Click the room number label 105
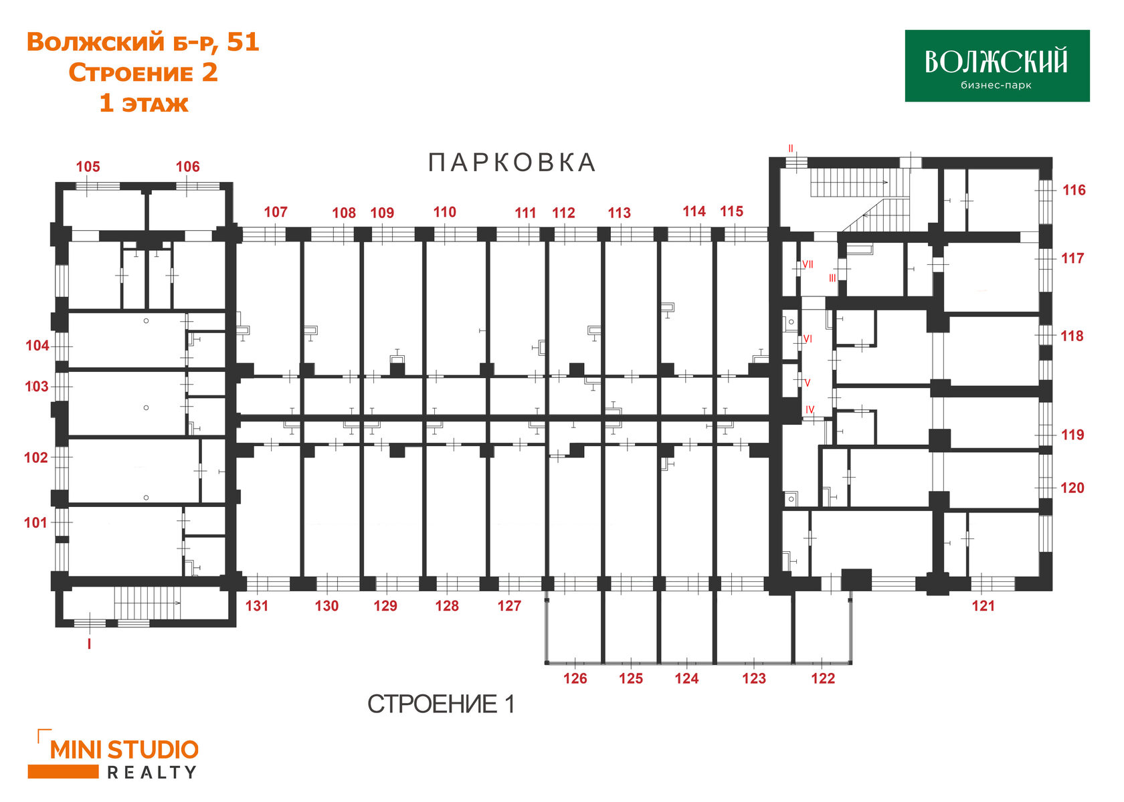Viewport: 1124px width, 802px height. [x=88, y=167]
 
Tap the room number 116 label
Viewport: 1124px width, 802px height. [x=1074, y=190]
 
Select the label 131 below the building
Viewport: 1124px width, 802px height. [x=256, y=606]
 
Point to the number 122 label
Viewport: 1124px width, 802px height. [x=823, y=678]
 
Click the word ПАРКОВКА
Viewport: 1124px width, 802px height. [x=512, y=163]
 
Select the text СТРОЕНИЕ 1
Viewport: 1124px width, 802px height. [x=441, y=704]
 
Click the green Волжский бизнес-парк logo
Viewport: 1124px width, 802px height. [x=997, y=66]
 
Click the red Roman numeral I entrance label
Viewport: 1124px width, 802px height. [x=89, y=643]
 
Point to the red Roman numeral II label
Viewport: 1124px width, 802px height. [x=791, y=148]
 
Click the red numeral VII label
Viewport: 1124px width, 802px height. [x=808, y=264]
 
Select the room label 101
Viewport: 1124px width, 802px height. [x=35, y=523]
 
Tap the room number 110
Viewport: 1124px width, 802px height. [x=444, y=212]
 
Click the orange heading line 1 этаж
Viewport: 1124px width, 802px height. [x=143, y=103]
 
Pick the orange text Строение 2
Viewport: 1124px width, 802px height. [x=143, y=72]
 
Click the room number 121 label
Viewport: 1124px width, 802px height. [x=983, y=606]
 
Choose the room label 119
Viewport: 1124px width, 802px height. [x=1072, y=435]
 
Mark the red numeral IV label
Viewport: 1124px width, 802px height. [x=810, y=410]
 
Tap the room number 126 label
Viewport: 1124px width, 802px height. [x=575, y=678]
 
